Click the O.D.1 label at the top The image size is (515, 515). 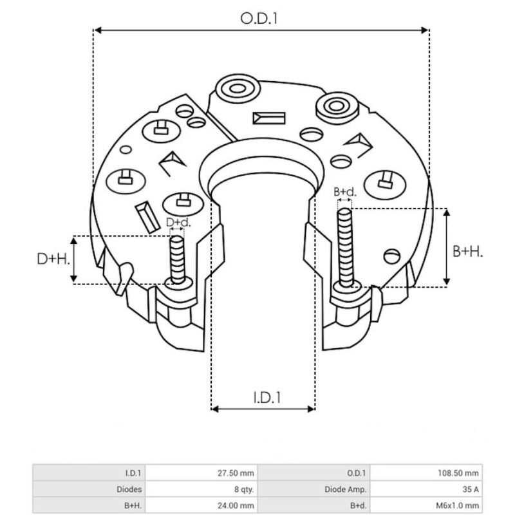(x=259, y=19)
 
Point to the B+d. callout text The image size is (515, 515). (x=344, y=192)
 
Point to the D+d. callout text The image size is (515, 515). (x=178, y=223)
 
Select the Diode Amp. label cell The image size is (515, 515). (x=353, y=489)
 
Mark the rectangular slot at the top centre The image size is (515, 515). (x=269, y=118)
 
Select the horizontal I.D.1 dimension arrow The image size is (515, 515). (x=263, y=409)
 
